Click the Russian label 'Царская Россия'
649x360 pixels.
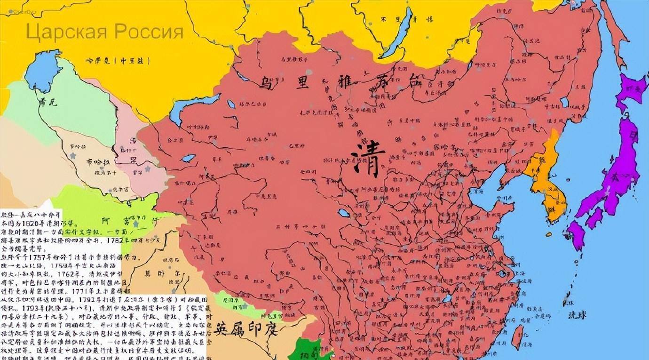[x=104, y=32]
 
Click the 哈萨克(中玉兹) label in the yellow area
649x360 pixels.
[x=118, y=60]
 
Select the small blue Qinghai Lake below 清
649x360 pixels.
[x=344, y=213]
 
